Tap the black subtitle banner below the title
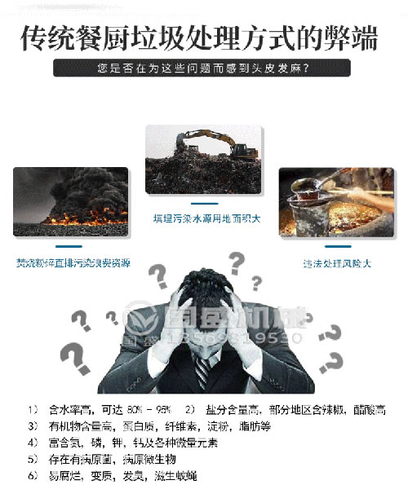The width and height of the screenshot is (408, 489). [x=204, y=68]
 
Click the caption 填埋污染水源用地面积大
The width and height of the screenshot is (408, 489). [x=204, y=219]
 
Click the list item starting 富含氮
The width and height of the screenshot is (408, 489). [x=122, y=443]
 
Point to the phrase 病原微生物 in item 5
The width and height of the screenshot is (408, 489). [x=150, y=459]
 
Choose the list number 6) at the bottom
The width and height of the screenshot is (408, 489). [x=32, y=475]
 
